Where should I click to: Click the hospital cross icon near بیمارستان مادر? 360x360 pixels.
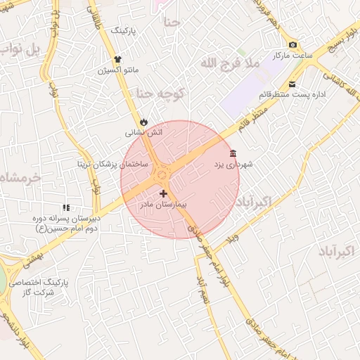(x=164, y=193)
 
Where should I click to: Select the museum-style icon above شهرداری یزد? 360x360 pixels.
(x=233, y=154)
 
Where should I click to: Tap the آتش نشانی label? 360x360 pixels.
(x=144, y=131)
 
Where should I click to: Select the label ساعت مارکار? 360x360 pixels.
(x=291, y=55)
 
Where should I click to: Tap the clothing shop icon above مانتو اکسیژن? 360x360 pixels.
(x=117, y=60)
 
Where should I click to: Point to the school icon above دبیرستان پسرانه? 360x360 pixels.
(x=66, y=207)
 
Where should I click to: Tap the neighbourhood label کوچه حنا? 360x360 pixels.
(x=160, y=93)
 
